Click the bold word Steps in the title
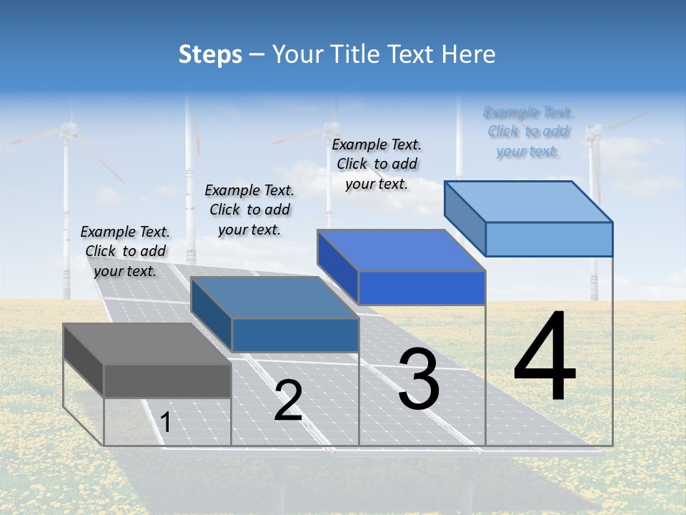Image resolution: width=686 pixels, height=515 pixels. (x=210, y=54)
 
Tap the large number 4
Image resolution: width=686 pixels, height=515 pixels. (x=545, y=357)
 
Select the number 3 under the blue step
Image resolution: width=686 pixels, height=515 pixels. (x=419, y=378)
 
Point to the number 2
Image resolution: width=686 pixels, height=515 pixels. (x=288, y=401)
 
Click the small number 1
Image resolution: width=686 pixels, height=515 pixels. (x=166, y=422)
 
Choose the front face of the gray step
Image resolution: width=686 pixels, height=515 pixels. (x=167, y=381)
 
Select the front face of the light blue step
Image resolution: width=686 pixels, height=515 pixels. (x=549, y=239)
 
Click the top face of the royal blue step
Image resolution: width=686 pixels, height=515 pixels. (x=401, y=250)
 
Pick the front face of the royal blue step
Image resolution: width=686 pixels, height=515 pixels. (x=422, y=288)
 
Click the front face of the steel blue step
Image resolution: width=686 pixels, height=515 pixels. (x=294, y=335)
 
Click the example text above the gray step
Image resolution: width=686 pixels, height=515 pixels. (x=125, y=251)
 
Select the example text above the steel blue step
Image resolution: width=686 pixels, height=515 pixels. (x=249, y=210)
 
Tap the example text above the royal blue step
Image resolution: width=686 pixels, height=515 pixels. (x=377, y=164)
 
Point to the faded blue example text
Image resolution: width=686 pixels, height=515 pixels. (x=528, y=132)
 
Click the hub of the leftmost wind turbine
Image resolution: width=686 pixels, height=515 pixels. (x=68, y=129)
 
